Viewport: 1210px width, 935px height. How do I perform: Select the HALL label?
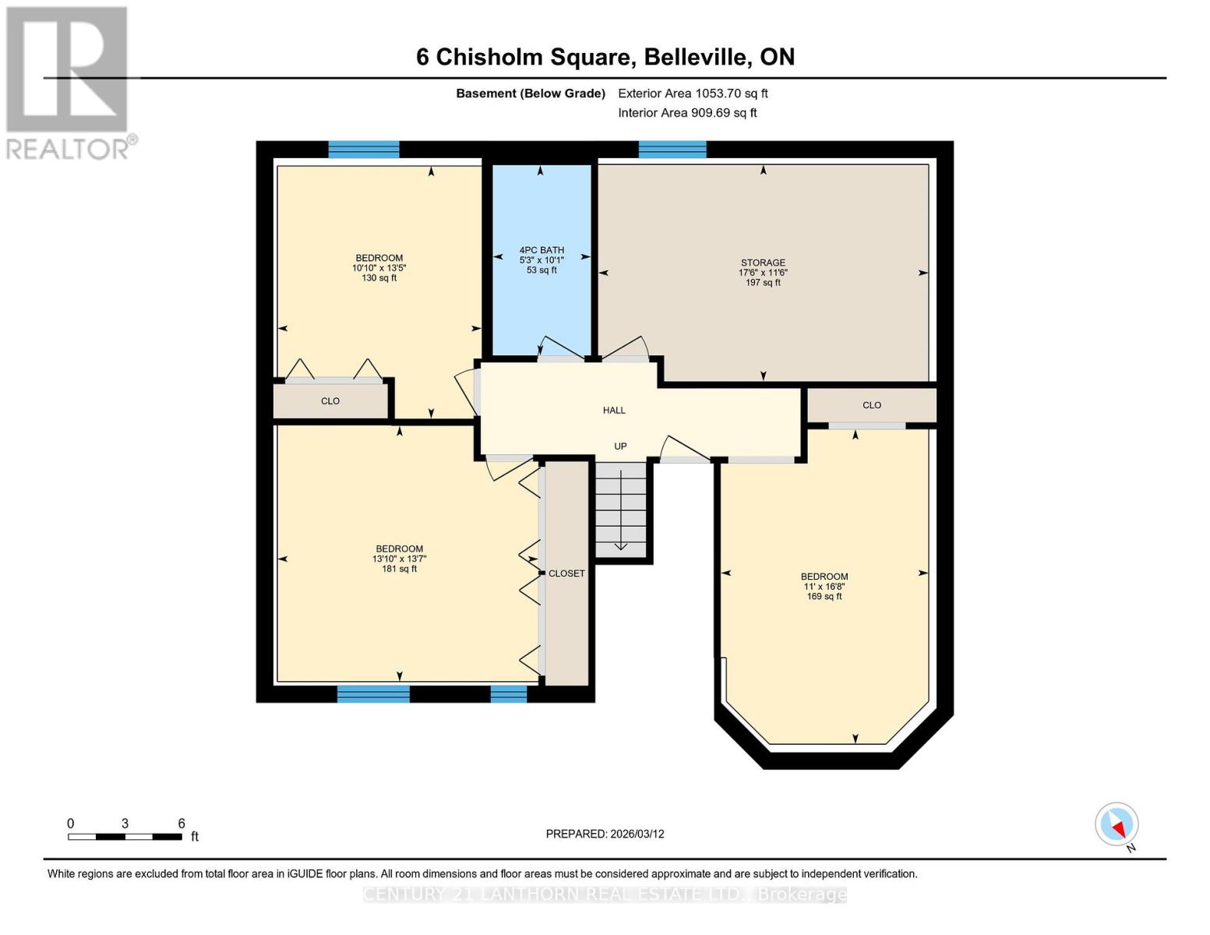click(614, 410)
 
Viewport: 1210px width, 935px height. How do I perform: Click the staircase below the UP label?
click(621, 510)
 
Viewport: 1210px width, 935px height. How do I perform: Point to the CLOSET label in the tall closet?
click(566, 573)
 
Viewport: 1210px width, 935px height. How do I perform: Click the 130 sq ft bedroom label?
click(379, 268)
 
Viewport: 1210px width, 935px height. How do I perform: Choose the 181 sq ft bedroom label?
click(399, 559)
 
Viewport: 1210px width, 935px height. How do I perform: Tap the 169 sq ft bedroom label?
click(824, 587)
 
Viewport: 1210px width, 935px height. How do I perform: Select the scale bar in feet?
click(125, 836)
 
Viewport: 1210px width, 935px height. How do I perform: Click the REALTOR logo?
click(69, 82)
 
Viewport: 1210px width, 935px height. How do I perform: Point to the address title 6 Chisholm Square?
click(605, 57)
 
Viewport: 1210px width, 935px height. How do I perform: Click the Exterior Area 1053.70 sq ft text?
click(693, 93)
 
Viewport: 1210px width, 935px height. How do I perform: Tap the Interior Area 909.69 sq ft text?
click(687, 113)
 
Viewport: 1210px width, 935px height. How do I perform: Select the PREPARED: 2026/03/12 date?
click(605, 834)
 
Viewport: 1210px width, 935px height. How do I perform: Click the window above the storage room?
click(672, 150)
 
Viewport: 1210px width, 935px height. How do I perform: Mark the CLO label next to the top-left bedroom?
click(330, 401)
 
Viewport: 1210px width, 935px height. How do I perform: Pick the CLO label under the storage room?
click(872, 405)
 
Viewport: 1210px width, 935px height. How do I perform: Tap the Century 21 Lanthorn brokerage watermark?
click(605, 894)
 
